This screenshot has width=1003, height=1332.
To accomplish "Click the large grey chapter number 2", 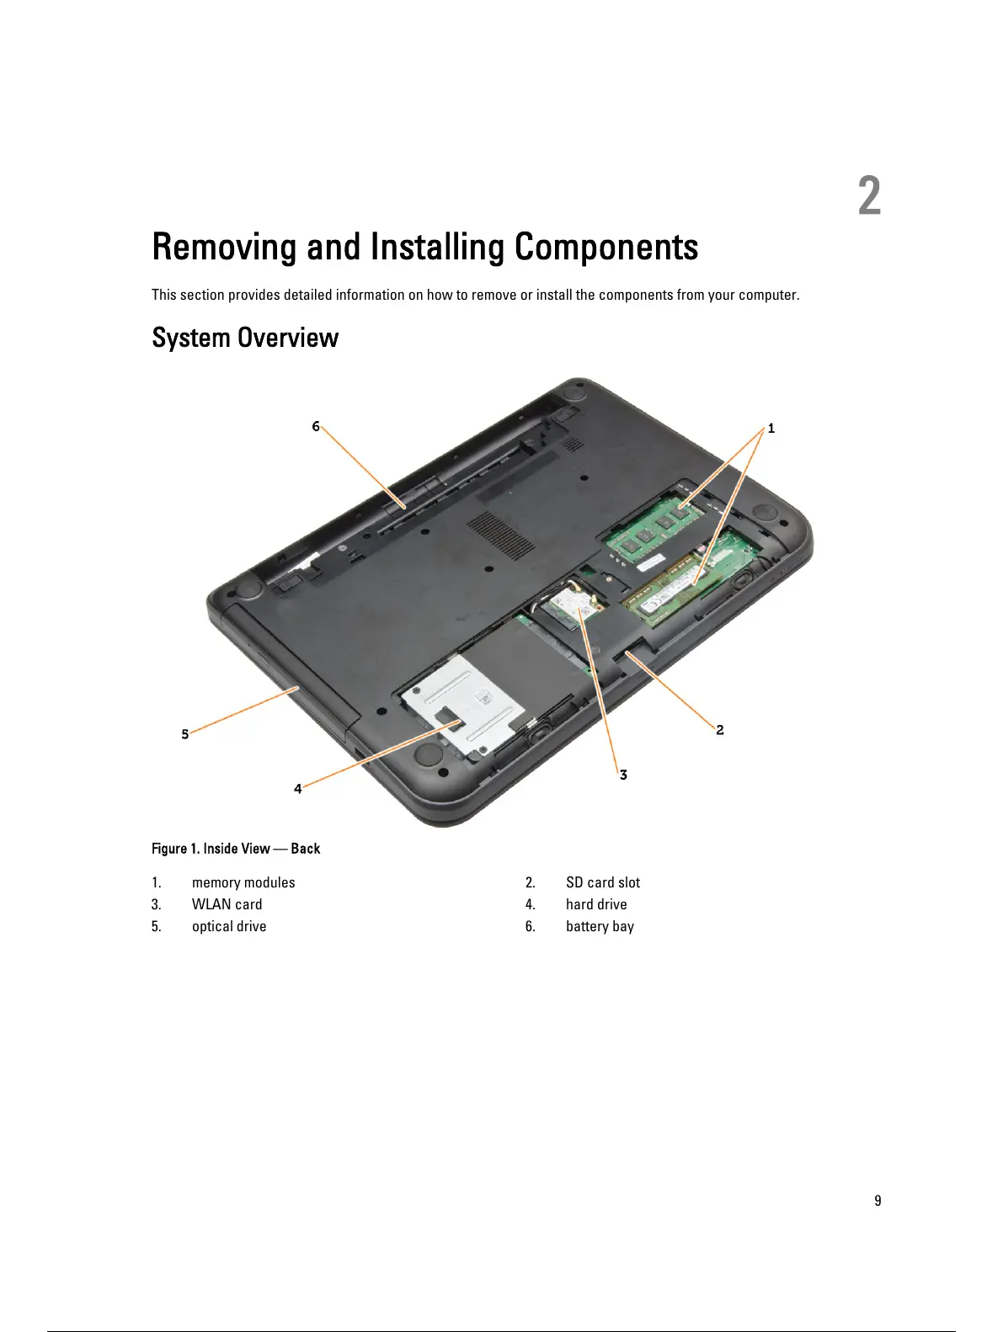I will click(869, 196).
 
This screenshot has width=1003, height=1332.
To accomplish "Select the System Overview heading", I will click(245, 338).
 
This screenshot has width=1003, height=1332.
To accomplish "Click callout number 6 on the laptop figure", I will click(316, 426).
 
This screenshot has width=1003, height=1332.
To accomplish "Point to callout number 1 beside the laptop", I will click(771, 429).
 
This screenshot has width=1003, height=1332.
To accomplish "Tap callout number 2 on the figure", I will click(720, 730).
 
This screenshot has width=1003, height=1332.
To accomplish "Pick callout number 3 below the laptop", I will click(623, 775).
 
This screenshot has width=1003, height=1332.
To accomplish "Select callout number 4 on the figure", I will click(297, 789).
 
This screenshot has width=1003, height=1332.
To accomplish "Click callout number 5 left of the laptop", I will click(185, 734).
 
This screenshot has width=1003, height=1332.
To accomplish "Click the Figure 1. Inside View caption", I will click(236, 849).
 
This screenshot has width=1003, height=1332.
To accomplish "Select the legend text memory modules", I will click(243, 882).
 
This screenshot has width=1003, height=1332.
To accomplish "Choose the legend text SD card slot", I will click(602, 882).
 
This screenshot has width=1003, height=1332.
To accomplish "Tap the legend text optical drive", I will click(229, 926).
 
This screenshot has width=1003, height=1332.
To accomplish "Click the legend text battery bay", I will click(600, 926).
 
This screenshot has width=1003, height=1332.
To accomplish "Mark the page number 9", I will click(878, 1201).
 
